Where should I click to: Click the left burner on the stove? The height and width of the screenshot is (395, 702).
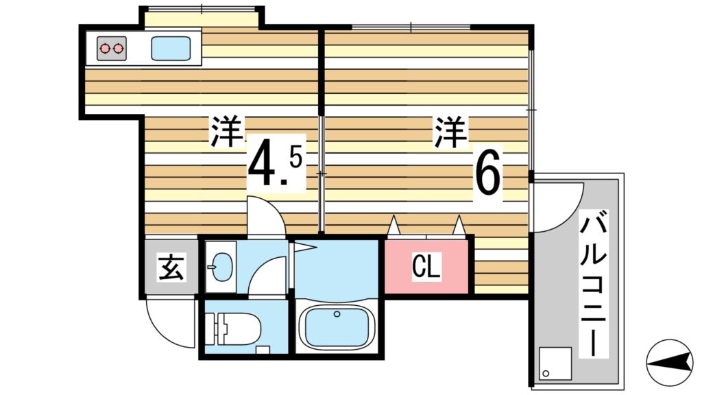click(x=106, y=49)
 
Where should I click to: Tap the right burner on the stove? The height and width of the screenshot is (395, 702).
click(x=119, y=49)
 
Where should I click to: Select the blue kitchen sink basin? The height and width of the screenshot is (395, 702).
click(x=170, y=49)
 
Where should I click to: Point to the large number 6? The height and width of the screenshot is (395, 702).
click(x=489, y=175)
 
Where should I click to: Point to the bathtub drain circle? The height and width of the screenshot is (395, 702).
click(x=337, y=314)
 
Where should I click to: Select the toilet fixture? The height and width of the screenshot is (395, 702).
click(x=237, y=330)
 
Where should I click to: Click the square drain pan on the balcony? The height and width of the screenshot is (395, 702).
click(x=555, y=364)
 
